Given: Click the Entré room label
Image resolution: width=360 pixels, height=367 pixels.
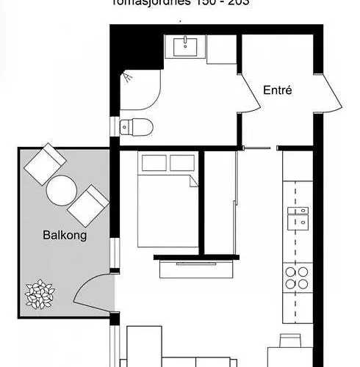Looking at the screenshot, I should point(278,91).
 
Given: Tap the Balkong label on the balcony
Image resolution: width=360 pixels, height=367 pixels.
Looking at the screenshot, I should point(65,236).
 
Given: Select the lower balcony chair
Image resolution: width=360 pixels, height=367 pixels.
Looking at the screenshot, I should point(88,206).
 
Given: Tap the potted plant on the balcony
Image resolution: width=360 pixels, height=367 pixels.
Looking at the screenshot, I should point(40,294).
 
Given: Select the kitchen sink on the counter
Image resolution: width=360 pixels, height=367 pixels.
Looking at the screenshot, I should point(298,217).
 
